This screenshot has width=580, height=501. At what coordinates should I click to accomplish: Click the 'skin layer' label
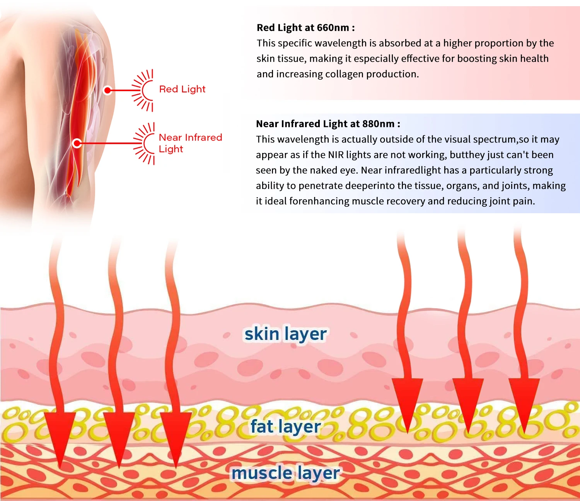(285, 334)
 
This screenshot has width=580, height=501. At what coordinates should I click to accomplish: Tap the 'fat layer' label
(285, 427)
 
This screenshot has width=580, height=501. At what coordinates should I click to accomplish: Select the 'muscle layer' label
(285, 473)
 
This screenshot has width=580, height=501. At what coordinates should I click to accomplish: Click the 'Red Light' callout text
(182, 89)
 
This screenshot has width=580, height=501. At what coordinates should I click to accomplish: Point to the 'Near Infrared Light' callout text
(190, 143)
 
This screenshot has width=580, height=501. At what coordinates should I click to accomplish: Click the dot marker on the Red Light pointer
(108, 90)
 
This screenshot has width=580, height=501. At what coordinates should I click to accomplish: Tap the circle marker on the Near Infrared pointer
(77, 143)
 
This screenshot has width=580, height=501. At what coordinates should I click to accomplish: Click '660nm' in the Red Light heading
(333, 28)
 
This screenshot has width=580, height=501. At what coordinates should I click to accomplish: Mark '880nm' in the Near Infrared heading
(378, 124)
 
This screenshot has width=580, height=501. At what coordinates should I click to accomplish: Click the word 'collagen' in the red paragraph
(345, 74)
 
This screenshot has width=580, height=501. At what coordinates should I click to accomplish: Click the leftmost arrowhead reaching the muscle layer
(60, 436)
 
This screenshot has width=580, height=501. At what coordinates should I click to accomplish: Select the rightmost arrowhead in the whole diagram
(524, 402)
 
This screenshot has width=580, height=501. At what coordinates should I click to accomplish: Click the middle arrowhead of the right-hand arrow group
(468, 402)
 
